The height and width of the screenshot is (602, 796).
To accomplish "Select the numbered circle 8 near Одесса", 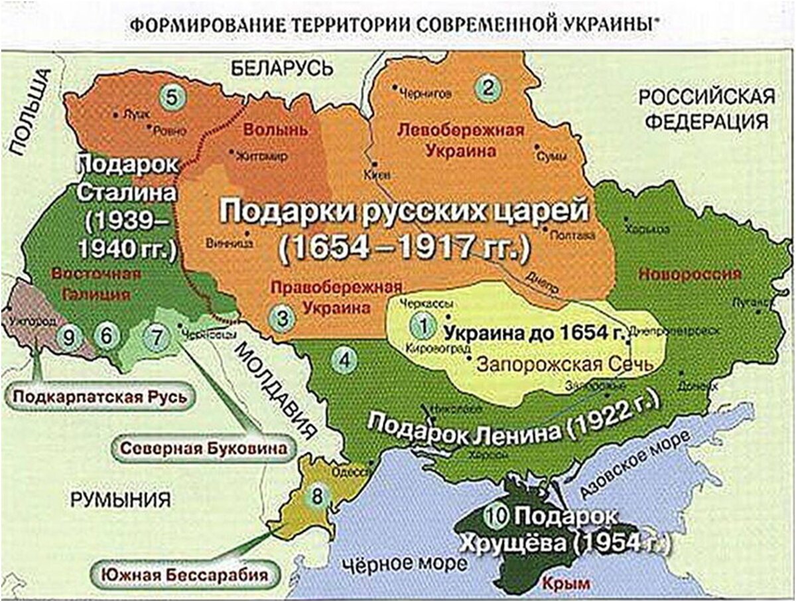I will [319, 495].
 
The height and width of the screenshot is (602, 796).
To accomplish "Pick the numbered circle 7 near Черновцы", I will [157, 336].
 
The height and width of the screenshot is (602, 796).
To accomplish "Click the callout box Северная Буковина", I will [204, 448].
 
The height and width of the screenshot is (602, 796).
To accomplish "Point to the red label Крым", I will [556, 584].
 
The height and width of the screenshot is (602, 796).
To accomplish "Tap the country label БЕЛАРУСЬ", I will [282, 67].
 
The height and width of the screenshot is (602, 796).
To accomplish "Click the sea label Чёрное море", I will [399, 564].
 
